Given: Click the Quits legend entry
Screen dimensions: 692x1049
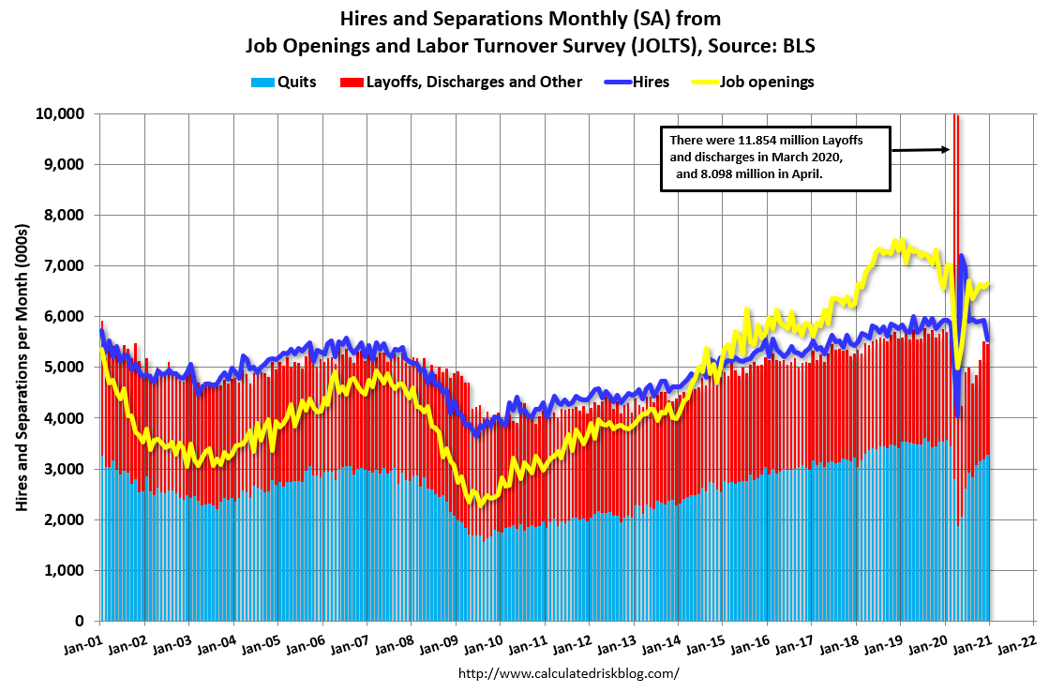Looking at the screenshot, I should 283,82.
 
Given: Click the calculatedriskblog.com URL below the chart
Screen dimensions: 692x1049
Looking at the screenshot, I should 568,673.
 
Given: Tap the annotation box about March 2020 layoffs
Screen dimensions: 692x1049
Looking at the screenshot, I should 774,159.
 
